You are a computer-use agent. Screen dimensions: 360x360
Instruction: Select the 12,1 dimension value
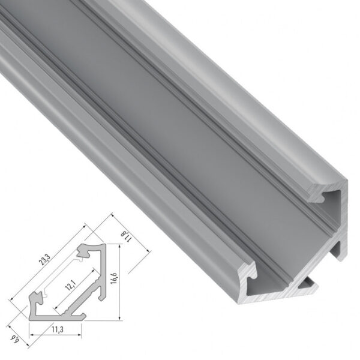click(73, 283)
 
